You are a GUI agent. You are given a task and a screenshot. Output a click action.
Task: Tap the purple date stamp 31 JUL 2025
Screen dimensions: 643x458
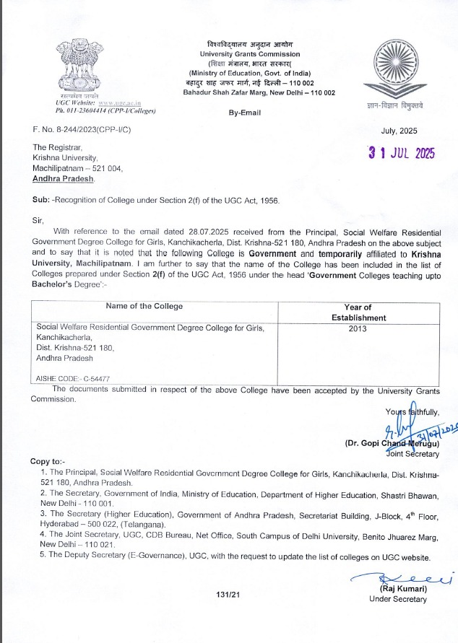399,154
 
